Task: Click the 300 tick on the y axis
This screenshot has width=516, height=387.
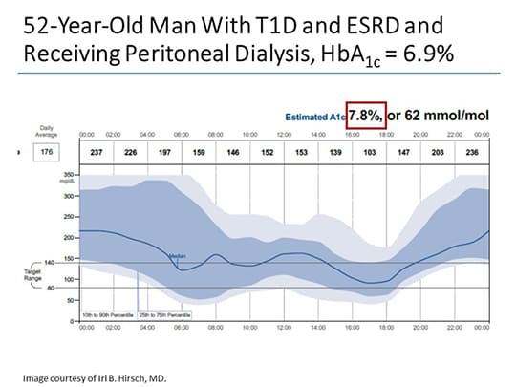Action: [68, 196]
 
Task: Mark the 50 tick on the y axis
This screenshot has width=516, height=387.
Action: [70, 300]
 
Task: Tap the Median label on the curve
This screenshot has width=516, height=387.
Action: [176, 255]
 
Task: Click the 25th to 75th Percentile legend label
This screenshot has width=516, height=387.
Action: [166, 312]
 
